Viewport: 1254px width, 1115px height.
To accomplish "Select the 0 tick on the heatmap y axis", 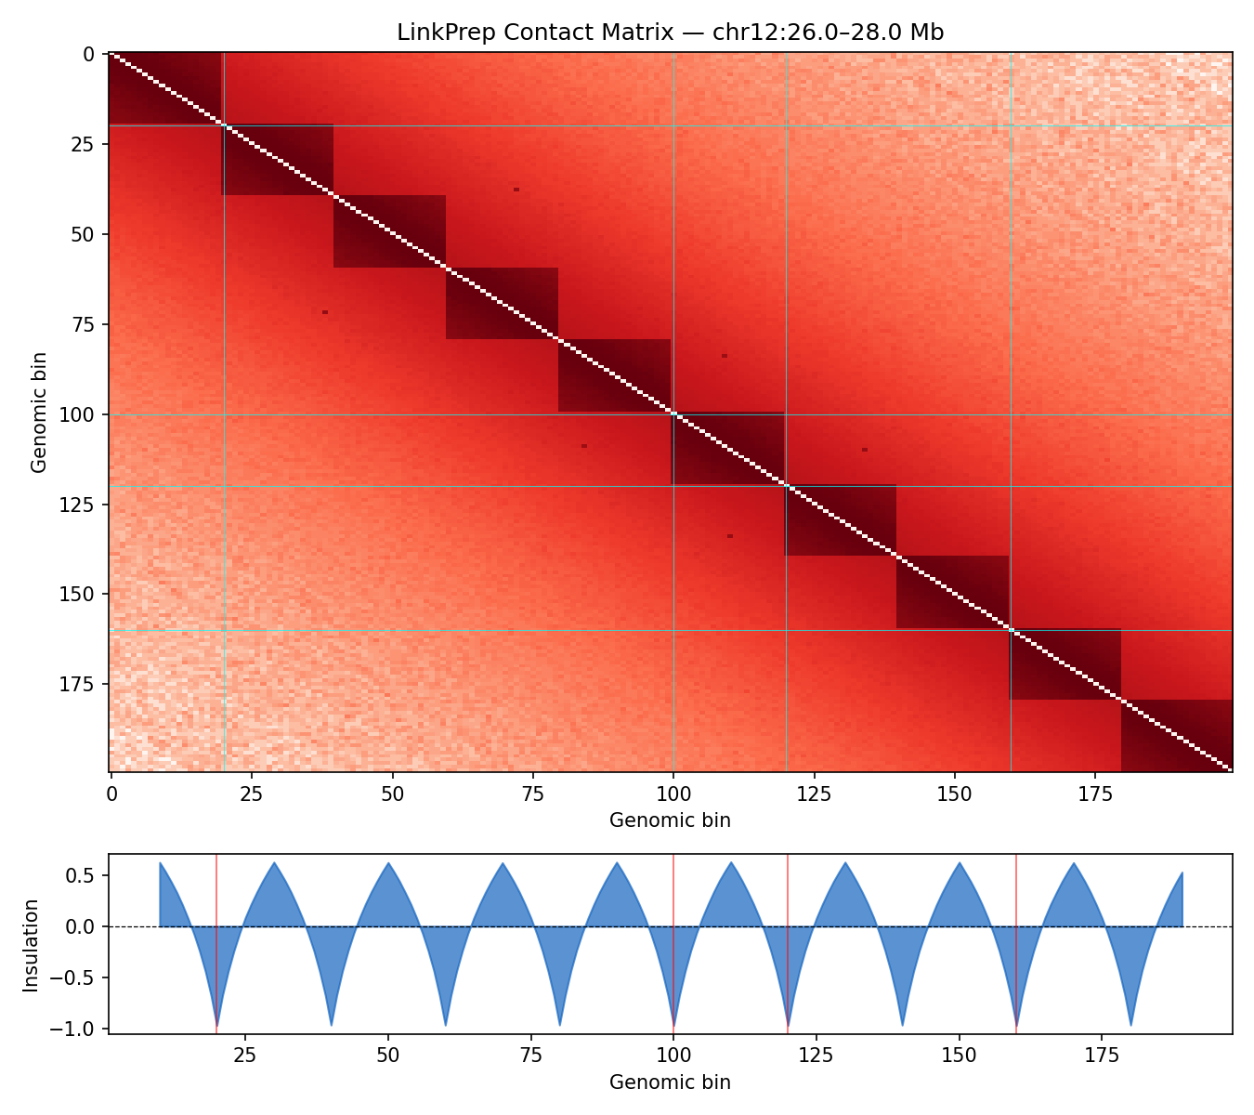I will click(x=88, y=54).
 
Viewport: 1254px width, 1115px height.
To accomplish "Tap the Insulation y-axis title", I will click(x=32, y=944).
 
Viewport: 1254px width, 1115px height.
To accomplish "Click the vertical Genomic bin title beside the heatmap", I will click(x=38, y=412).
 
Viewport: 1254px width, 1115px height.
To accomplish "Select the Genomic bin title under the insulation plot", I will click(x=670, y=1082).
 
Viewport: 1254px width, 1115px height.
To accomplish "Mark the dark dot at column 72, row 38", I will click(x=516, y=190).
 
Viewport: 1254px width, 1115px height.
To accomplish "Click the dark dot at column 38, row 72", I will click(x=325, y=312).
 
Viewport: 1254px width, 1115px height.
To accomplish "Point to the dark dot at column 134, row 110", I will click(x=865, y=450).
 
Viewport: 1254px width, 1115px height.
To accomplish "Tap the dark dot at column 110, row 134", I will click(x=730, y=536).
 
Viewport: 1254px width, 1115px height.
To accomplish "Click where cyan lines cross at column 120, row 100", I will click(x=786, y=415).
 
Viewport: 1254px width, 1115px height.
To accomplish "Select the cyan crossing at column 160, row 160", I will click(x=1011, y=631).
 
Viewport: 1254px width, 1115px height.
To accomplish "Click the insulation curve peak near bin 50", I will click(x=388, y=863).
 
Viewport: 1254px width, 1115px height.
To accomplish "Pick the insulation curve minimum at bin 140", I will click(x=902, y=1026).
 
